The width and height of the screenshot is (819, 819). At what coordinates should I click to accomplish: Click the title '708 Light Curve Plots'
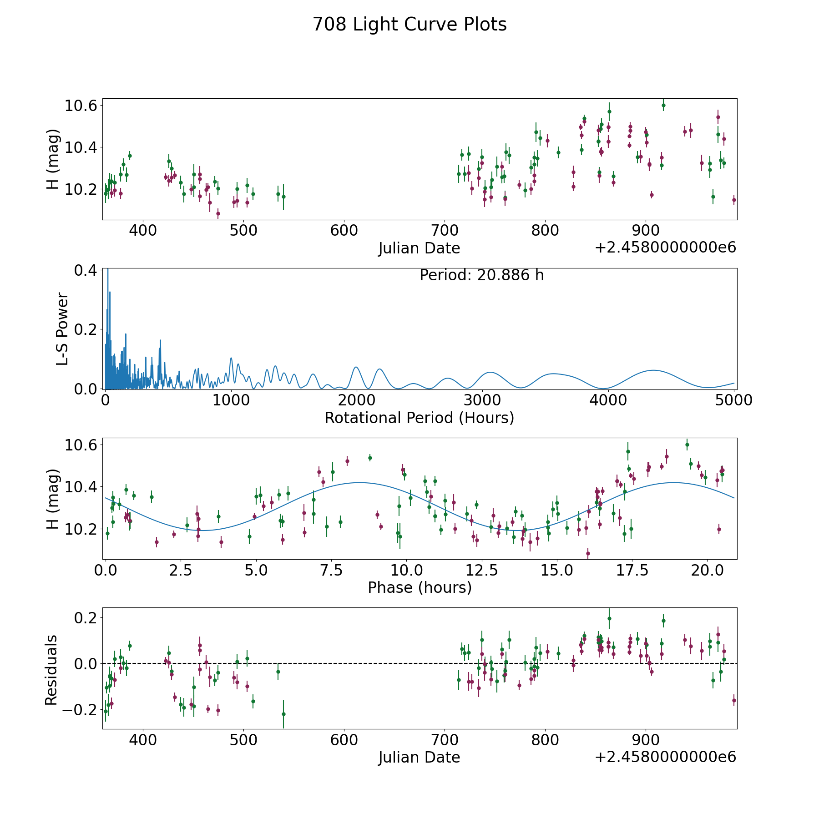click(409, 25)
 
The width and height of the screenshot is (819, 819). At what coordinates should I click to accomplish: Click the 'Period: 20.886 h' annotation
click(481, 275)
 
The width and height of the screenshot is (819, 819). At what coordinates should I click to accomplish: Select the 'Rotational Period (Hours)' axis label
click(419, 418)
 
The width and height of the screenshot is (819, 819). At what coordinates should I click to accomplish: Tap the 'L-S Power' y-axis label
click(62, 329)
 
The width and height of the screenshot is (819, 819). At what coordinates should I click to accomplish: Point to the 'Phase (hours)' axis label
click(419, 587)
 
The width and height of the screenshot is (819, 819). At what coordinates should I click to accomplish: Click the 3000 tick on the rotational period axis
click(482, 400)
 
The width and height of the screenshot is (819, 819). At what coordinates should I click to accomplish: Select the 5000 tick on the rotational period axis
click(734, 400)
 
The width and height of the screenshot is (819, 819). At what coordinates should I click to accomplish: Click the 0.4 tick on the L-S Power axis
click(85, 270)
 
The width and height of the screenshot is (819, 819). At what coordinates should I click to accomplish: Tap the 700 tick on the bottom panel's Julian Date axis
click(445, 740)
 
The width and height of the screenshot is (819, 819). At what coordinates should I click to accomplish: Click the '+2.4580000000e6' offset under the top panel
click(665, 248)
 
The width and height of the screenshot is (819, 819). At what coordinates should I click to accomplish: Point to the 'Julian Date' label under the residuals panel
click(419, 757)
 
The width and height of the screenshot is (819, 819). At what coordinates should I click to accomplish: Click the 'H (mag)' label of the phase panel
click(53, 499)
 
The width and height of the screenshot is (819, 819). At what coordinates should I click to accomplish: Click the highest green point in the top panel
click(663, 105)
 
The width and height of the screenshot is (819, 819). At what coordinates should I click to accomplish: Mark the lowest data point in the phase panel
click(588, 554)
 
